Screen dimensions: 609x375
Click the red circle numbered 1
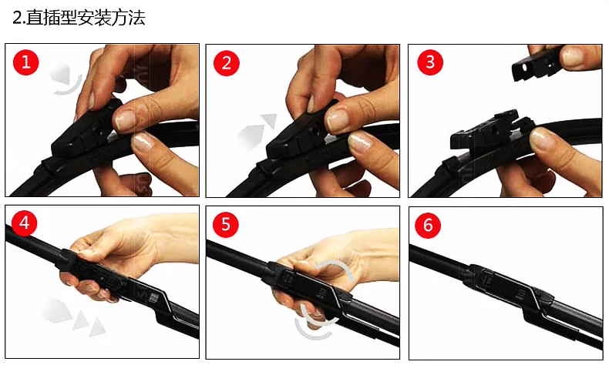coord(26,62)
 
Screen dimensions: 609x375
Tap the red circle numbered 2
coord(227,63)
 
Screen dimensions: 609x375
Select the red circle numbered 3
coord(430,62)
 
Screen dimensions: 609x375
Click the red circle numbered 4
coord(24,223)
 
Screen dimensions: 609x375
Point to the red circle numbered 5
coord(226,224)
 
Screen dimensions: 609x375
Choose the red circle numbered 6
coord(428,225)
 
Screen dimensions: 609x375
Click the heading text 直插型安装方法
coord(86,18)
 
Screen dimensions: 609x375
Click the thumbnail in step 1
coord(125,119)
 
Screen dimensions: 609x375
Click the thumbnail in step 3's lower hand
coord(542,138)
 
